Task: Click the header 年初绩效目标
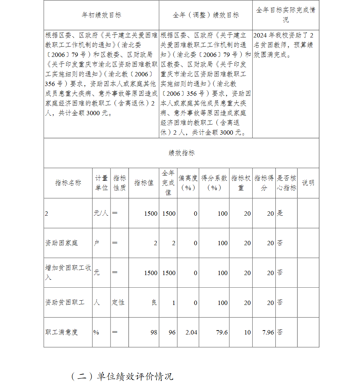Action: pyautogui.click(x=101, y=15)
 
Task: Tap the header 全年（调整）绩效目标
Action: pyautogui.click(x=206, y=15)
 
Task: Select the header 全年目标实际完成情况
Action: pyautogui.click(x=285, y=15)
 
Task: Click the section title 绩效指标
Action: pyautogui.click(x=181, y=153)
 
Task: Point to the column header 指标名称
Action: pyautogui.click(x=68, y=183)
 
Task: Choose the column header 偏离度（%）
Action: pyautogui.click(x=188, y=183)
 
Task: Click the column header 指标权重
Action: pyautogui.click(x=241, y=183)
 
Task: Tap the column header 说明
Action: pyautogui.click(x=308, y=183)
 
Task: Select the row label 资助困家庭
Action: pyautogui.click(x=61, y=243)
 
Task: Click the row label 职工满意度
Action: pyautogui.click(x=61, y=332)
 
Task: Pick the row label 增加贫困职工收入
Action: pyautogui.click(x=68, y=273)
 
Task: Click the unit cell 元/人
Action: pyautogui.click(x=101, y=213)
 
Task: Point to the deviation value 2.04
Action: pyautogui.click(x=191, y=332)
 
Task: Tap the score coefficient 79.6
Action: pyautogui.click(x=222, y=332)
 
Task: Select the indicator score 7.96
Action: pyautogui.click(x=268, y=332)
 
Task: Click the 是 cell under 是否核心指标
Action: pyautogui.click(x=280, y=213)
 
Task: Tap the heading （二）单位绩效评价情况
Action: pyautogui.click(x=122, y=376)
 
